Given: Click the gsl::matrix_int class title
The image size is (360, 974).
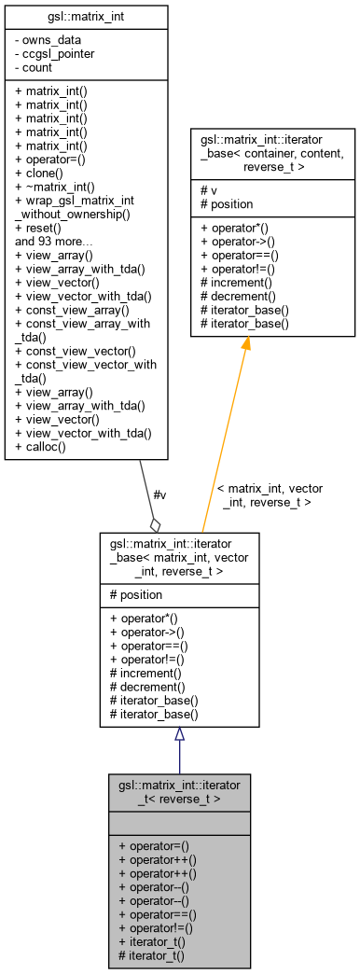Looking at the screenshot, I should point(86,17).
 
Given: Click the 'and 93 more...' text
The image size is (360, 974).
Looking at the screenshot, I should point(53,240).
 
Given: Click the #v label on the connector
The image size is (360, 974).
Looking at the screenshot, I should point(159,494).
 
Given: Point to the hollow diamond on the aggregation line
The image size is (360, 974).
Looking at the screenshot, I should point(155,525).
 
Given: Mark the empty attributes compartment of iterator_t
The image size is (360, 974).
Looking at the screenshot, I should point(179,823).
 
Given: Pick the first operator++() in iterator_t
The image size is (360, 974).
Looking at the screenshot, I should point(158,859).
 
